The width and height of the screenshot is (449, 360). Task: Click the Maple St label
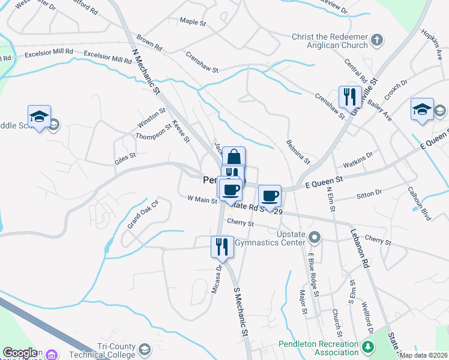(193, 22)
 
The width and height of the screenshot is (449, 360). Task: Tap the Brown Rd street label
(149, 43)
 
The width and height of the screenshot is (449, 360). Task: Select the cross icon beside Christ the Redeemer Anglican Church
(376, 41)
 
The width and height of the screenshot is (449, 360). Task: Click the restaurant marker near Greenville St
(349, 96)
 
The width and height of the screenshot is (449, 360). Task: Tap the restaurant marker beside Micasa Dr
(221, 245)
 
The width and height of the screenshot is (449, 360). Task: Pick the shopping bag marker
(234, 157)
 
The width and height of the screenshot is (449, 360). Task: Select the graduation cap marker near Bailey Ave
(422, 109)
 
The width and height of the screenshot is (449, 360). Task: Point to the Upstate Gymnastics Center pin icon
(313, 238)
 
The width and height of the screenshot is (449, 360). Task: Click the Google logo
(20, 353)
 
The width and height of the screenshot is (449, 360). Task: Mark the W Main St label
(202, 199)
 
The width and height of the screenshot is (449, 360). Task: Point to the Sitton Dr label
(369, 193)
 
